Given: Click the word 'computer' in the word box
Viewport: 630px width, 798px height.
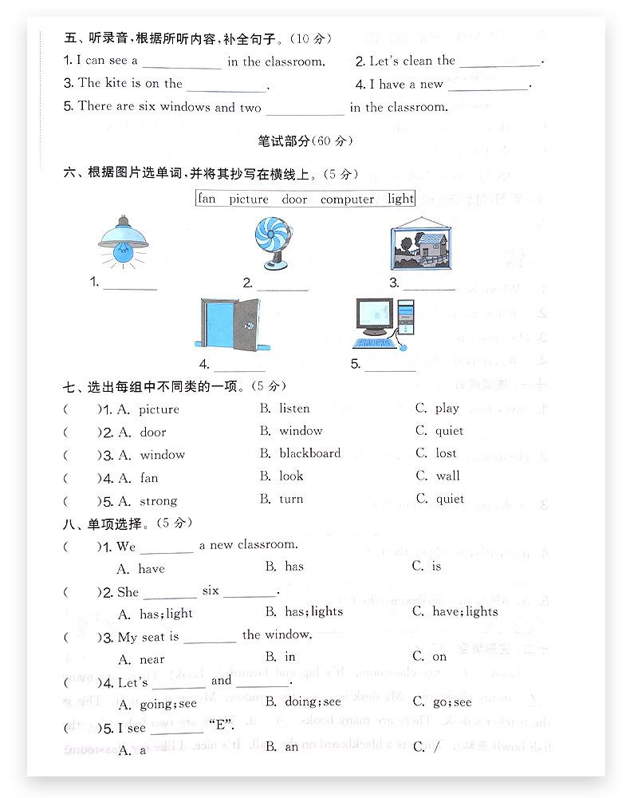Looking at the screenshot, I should click(347, 199).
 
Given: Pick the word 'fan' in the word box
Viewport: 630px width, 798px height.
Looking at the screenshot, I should click(207, 199).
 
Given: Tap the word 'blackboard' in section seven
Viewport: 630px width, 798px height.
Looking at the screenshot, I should click(309, 453).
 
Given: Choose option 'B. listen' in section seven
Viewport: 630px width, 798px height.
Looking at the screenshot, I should click(285, 409).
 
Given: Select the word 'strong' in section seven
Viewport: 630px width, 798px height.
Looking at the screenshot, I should click(158, 501).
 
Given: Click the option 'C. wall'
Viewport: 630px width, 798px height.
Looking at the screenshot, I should click(438, 476).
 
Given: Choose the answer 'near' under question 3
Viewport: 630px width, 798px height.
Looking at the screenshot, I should click(152, 659).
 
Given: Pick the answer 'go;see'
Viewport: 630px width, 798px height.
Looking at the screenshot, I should click(452, 702).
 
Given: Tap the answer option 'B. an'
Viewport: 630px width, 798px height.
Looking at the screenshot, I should click(282, 747).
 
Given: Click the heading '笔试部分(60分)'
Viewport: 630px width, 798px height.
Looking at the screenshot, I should click(305, 141).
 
